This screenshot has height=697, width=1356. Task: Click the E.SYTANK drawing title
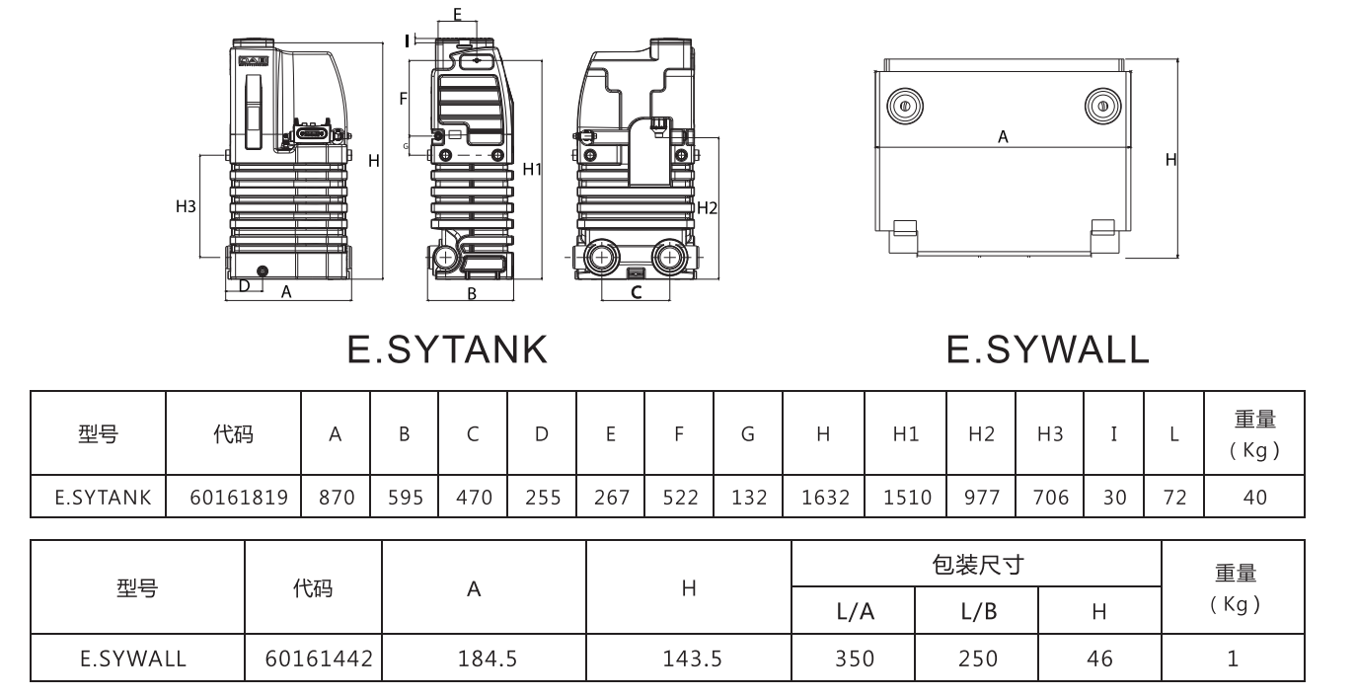447,349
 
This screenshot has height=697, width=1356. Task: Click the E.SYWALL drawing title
1048,349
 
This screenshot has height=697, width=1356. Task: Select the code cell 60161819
239,498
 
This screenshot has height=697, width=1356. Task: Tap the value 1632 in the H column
826,498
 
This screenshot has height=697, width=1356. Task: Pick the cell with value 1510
907,498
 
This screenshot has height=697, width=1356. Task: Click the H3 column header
1050,434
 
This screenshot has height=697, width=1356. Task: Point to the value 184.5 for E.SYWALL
488,658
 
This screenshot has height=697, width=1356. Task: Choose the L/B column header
979,612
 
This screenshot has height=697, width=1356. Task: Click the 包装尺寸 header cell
978,565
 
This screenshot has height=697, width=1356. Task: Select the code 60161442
319,658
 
